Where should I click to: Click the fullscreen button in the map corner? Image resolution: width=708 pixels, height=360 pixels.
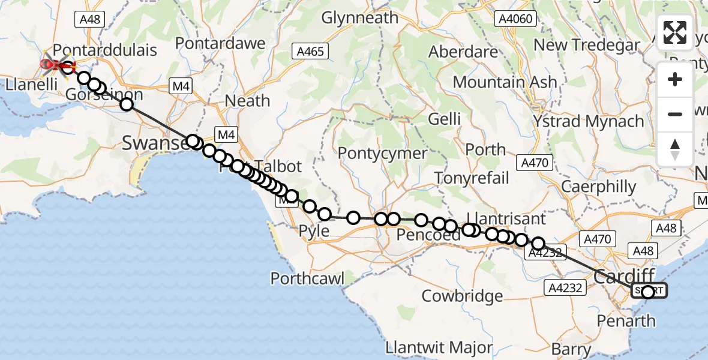[675, 33]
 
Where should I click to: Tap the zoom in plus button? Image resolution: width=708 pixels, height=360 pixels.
[675, 80]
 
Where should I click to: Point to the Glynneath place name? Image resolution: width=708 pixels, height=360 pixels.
[360, 18]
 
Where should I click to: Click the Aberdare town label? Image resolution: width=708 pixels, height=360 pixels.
[463, 52]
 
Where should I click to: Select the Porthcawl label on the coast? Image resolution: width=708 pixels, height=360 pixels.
[307, 278]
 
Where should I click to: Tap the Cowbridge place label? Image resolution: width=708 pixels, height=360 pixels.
[463, 296]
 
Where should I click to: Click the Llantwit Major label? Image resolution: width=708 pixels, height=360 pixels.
[440, 347]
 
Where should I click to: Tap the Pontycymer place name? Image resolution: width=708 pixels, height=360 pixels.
[383, 153]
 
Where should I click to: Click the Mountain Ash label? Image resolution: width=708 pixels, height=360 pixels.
[505, 83]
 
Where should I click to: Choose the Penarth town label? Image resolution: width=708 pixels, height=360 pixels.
[626, 320]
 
